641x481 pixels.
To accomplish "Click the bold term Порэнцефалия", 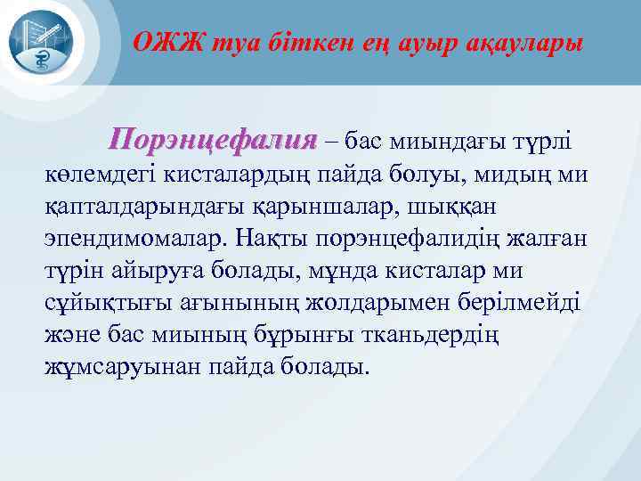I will tap(212, 141).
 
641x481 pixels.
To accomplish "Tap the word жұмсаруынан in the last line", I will tap(109, 366).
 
